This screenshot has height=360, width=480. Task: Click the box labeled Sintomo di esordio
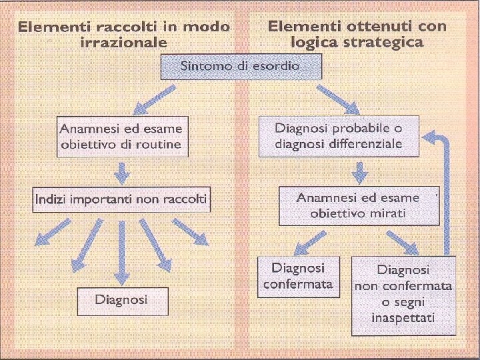coord(241,67)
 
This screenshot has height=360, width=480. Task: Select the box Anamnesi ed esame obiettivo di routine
coord(120,136)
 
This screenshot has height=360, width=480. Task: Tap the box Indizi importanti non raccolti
coord(121,199)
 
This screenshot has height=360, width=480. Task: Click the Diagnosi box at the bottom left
coord(121,300)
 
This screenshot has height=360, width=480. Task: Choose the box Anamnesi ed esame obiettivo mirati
coord(358,205)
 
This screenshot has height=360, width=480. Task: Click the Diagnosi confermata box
coord(298,277)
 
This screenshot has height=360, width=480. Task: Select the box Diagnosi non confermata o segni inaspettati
coord(403,294)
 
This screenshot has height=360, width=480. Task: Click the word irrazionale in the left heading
coord(123,42)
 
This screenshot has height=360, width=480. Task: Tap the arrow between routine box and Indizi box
coord(121,173)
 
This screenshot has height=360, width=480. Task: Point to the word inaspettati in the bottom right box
coord(403,318)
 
